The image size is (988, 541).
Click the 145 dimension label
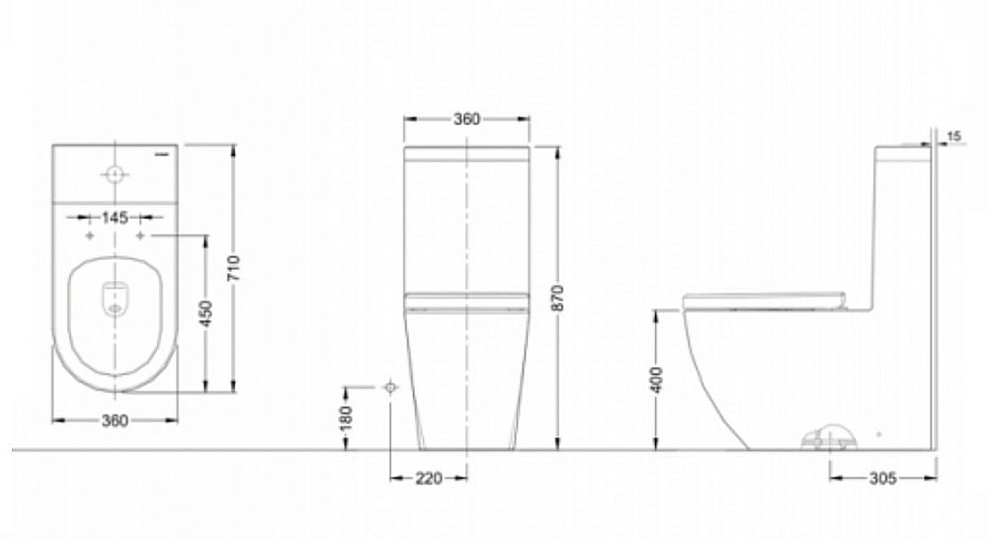click(x=116, y=218)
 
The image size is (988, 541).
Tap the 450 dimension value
click(x=207, y=314)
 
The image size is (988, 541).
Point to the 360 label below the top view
click(x=116, y=420)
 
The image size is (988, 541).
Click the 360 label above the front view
click(x=466, y=120)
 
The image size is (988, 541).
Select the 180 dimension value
click(x=346, y=418)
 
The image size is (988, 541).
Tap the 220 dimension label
click(x=429, y=478)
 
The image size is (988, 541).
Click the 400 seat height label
click(x=659, y=380)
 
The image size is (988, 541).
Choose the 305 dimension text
click(x=882, y=478)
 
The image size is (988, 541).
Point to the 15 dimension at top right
click(x=953, y=135)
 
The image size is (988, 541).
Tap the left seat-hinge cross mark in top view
click(x=91, y=237)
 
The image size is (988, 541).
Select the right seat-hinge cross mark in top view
click(x=141, y=237)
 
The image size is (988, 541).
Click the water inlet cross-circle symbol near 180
click(x=390, y=386)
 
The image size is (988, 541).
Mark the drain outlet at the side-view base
click(x=828, y=436)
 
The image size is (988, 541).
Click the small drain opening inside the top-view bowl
click(x=116, y=299)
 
